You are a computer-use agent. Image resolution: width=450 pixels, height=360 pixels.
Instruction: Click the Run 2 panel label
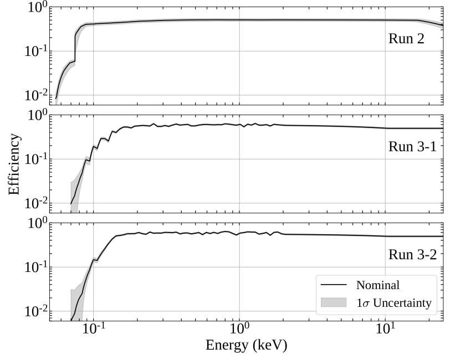[x=406, y=40]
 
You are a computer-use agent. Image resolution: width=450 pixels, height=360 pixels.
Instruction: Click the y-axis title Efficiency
[x=16, y=164]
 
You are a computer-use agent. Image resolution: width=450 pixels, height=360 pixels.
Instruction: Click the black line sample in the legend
[x=333, y=285]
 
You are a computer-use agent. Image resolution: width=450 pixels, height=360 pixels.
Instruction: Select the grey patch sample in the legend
[x=333, y=302]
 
